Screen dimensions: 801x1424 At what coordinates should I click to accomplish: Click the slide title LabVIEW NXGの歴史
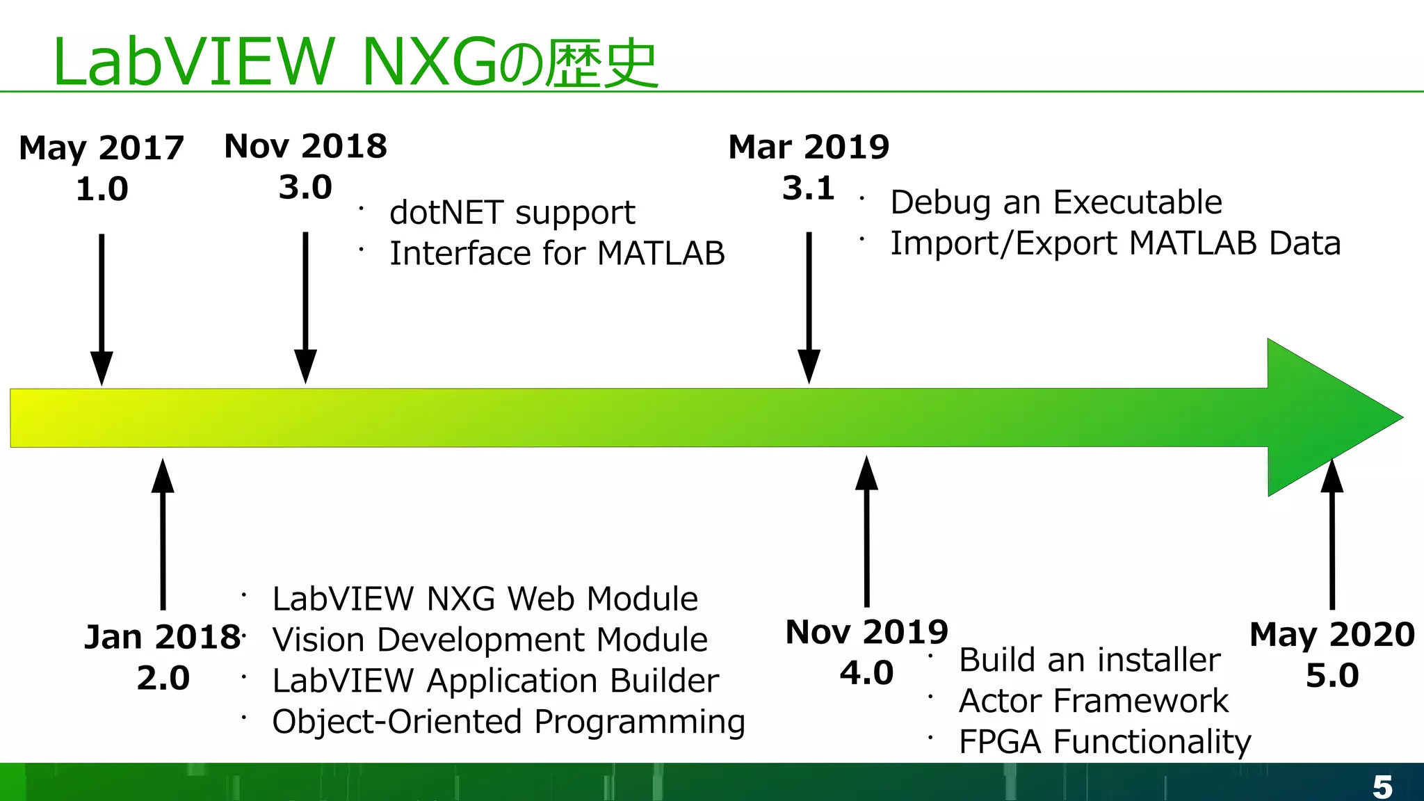click(x=355, y=63)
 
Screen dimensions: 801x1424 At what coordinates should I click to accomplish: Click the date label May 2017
click(x=102, y=147)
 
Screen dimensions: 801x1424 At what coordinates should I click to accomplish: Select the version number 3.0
click(x=305, y=187)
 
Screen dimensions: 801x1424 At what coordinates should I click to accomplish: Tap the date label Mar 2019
click(x=809, y=147)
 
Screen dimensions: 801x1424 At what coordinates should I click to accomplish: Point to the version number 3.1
click(x=808, y=188)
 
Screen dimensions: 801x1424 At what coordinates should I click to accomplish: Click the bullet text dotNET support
click(x=512, y=213)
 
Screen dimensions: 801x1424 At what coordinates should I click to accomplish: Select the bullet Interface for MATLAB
click(x=556, y=253)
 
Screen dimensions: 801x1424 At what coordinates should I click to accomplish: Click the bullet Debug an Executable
click(x=1055, y=202)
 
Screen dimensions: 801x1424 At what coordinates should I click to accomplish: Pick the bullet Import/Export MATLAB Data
click(x=1115, y=243)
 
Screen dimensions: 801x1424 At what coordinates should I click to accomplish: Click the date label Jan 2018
click(x=162, y=637)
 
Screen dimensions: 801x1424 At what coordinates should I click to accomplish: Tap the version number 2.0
click(x=163, y=678)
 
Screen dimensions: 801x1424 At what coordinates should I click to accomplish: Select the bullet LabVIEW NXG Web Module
click(x=485, y=599)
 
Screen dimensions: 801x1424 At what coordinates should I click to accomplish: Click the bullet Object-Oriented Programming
click(x=508, y=722)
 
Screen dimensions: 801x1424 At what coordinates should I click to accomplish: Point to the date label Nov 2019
click(x=866, y=632)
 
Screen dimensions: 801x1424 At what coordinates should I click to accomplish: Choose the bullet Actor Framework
click(x=1093, y=701)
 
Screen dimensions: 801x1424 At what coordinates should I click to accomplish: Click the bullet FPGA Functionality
click(x=1104, y=742)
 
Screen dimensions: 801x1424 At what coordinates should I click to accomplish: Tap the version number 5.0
click(x=1332, y=676)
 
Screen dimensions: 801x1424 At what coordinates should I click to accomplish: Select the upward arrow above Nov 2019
click(x=866, y=532)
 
